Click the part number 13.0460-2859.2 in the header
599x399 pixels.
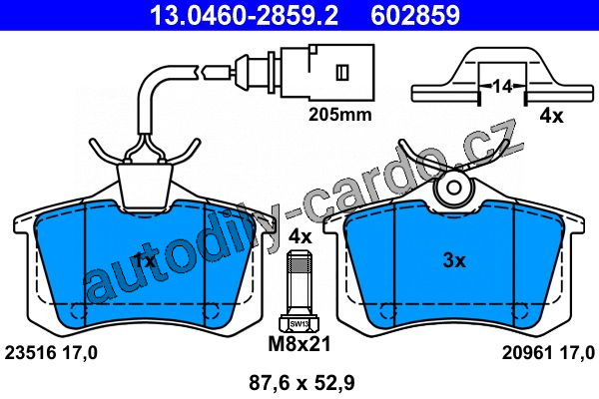pos(244,15)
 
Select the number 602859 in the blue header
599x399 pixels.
pos(415,15)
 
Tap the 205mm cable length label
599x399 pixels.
pos(340,114)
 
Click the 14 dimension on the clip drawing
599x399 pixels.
pos(502,87)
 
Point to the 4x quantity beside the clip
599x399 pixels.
pos(551,116)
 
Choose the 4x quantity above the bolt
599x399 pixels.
pos(299,236)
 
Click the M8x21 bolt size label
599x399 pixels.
pos(299,344)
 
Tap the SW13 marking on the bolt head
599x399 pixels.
pos(299,324)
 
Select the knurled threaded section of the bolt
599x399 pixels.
pos(299,264)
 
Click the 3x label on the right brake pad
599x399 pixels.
pos(454,260)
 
